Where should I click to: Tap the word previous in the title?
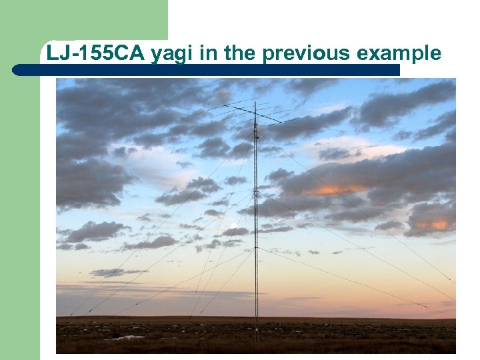coord(299,53)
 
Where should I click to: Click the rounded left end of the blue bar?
coord(17,69)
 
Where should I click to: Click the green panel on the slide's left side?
coord(20,200)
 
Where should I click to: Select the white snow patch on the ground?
coord(134,337)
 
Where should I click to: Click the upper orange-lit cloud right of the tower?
coord(333,190)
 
